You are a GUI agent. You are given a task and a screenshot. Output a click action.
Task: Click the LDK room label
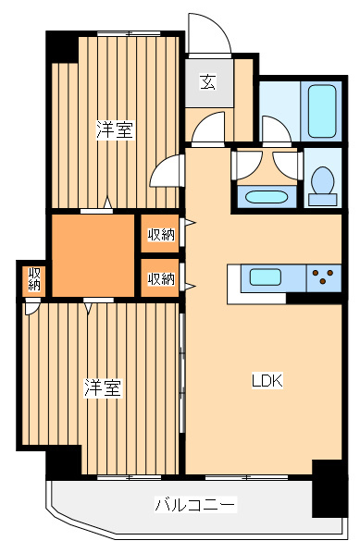coord(267,380)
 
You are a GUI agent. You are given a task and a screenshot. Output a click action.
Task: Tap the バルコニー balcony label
coord(195,504)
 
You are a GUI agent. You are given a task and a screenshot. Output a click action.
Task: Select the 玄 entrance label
coord(208,82)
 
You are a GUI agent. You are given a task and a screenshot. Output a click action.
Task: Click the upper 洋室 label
coord(116,129)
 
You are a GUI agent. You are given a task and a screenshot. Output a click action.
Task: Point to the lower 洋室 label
coord(103,388)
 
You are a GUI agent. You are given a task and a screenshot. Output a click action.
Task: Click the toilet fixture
coord(323,186)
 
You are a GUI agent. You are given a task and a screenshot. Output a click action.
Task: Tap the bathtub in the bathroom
coord(321,111)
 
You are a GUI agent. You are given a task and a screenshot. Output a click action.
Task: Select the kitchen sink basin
coord(266,276)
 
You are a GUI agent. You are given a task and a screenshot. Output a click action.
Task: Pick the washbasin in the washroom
coord(267,197)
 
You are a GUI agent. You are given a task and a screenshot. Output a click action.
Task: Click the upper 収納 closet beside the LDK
coord(160,233)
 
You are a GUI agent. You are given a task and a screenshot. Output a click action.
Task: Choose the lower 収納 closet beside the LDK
coord(160,278)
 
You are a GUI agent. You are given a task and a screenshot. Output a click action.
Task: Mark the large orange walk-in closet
coord(93,255)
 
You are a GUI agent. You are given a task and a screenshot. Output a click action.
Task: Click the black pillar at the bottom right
coord(329,488)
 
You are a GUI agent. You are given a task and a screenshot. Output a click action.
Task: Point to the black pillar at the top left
coord(62,47)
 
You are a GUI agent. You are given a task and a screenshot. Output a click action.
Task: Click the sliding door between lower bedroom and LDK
coord(182,373)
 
